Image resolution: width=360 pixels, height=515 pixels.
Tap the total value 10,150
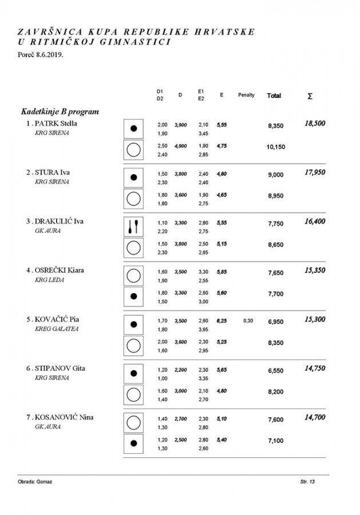coord(276,147)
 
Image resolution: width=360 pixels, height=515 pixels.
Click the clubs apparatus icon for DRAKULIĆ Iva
coord(134,225)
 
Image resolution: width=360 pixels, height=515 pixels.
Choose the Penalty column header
coord(246,95)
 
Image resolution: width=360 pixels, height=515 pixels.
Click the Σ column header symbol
coord(310,96)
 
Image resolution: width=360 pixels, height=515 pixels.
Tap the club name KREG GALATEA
coord(57,328)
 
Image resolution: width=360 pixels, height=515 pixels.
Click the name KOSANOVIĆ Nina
coord(64,417)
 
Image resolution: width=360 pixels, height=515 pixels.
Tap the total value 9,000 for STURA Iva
coord(276,176)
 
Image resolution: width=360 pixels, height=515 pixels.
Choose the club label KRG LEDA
coord(50,279)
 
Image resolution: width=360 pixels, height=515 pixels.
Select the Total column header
coord(274,96)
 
